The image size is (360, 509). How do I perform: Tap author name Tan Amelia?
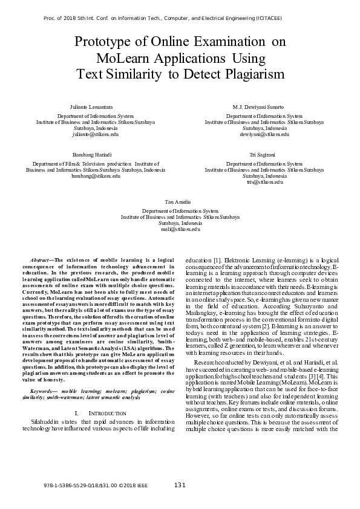(x=178, y=201)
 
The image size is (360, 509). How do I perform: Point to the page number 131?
(x=180, y=485)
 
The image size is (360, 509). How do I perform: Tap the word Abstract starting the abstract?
(x=42, y=259)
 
